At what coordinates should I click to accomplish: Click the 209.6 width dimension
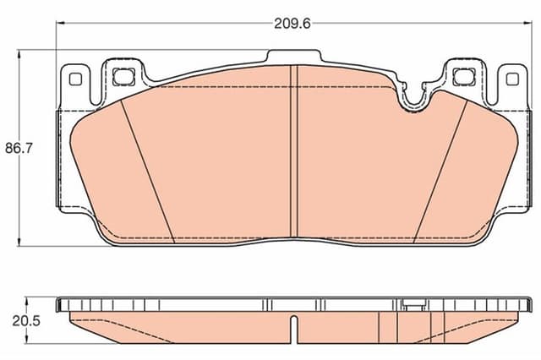point(292,24)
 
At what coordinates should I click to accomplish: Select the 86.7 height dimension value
point(19,148)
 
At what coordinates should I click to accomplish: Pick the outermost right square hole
point(511,79)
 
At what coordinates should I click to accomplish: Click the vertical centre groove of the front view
point(292,152)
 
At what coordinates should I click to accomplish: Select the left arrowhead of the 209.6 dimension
point(60,24)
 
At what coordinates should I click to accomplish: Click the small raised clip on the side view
point(413,303)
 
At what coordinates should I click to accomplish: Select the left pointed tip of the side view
point(59,314)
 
